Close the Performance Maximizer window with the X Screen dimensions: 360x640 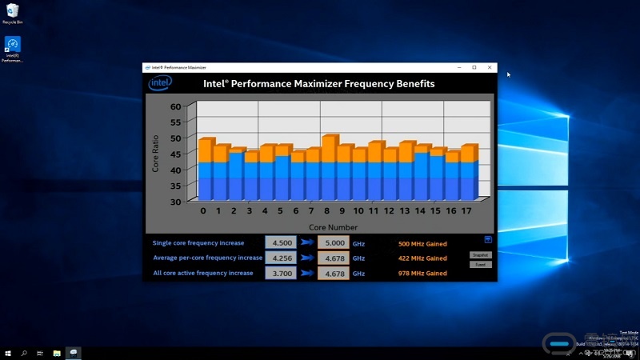click(x=489, y=67)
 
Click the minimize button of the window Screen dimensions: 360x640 click(x=459, y=67)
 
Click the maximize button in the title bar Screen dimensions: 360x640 click(x=474, y=67)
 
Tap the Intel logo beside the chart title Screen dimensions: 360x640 click(x=159, y=83)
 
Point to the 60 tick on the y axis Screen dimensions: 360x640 click(x=177, y=106)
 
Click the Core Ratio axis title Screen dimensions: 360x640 click(x=155, y=152)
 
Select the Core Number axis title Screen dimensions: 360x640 click(x=334, y=227)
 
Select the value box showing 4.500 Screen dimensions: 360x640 click(x=281, y=243)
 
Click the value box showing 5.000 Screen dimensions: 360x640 click(x=333, y=243)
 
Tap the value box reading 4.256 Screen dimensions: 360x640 click(x=281, y=258)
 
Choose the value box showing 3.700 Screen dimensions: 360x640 click(x=281, y=274)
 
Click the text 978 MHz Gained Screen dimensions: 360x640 click(x=422, y=274)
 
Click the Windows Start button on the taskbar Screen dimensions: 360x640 click(x=8, y=352)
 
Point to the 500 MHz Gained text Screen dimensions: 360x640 click(x=422, y=243)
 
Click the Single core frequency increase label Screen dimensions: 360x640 click(x=198, y=243)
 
